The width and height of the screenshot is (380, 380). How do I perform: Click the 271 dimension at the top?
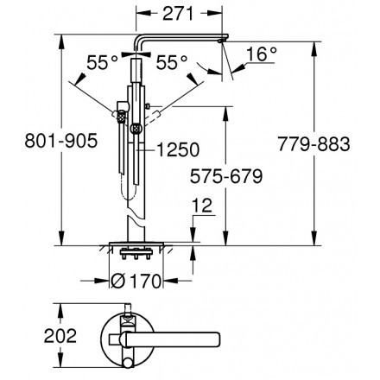(178, 14)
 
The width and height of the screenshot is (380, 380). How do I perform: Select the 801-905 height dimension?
(61, 141)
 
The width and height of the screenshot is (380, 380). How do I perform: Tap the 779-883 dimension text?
(313, 144)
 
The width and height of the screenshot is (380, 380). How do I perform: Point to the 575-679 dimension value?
(226, 176)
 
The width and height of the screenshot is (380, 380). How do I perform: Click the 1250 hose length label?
(178, 149)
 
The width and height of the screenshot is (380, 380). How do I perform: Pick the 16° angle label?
(262, 54)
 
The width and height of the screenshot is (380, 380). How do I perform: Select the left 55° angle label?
(102, 62)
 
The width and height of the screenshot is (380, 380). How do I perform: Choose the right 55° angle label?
(172, 62)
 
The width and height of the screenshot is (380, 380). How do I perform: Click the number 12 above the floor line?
(202, 206)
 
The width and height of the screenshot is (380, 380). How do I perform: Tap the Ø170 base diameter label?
(136, 281)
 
